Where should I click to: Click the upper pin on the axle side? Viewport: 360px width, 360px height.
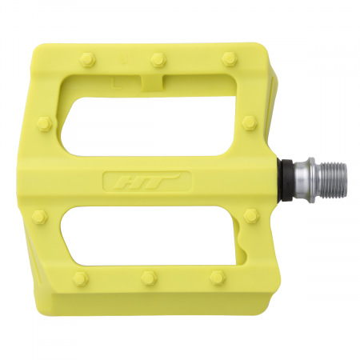(x=250, y=122)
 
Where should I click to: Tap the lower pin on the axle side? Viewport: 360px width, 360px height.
(x=251, y=216)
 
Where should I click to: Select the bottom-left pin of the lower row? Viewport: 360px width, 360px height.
(x=78, y=278)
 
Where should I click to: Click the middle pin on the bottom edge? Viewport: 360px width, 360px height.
(x=147, y=278)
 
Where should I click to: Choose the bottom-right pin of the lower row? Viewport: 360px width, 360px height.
(x=217, y=278)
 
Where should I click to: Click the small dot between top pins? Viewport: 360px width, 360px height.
(x=121, y=59)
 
